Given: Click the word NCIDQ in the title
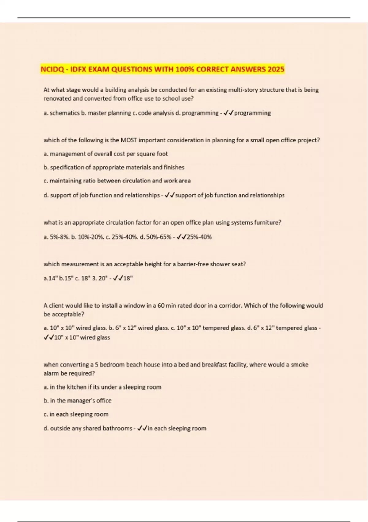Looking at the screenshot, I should (x=52, y=69).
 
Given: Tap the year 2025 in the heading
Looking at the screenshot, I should (x=276, y=69).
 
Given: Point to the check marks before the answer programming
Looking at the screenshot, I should (x=228, y=113).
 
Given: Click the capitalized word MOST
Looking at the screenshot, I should (x=129, y=140).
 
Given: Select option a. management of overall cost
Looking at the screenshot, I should (x=106, y=154).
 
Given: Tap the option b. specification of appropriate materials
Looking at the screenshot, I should (x=114, y=167).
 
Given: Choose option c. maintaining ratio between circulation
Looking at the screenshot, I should (x=117, y=181).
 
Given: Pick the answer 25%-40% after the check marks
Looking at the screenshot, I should (x=199, y=237).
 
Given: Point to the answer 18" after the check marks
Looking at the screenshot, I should (x=128, y=279).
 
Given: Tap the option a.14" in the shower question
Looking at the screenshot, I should (x=50, y=279).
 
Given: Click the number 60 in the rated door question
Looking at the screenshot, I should (x=161, y=306).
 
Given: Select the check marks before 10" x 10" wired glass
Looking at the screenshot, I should (x=49, y=337).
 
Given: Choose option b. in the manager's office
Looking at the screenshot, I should (x=78, y=401).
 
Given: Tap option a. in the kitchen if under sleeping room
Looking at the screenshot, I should (x=102, y=387).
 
